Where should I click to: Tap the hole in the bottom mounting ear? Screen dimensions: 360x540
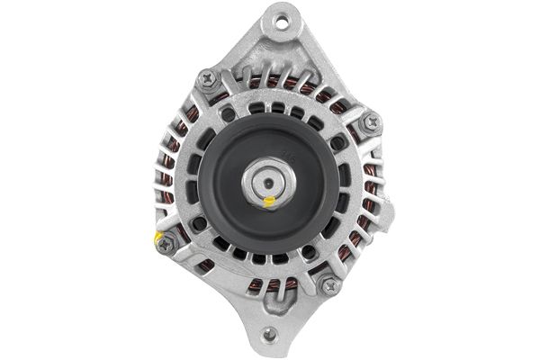point(269,336)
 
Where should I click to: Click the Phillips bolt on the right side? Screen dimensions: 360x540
point(370,122)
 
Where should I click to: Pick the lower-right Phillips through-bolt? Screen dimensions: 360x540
point(329,285)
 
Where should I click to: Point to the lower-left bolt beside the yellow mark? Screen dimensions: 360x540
point(166,244)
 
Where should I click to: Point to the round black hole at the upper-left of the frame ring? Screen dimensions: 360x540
point(229,115)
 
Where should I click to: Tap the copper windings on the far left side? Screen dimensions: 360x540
point(167,180)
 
